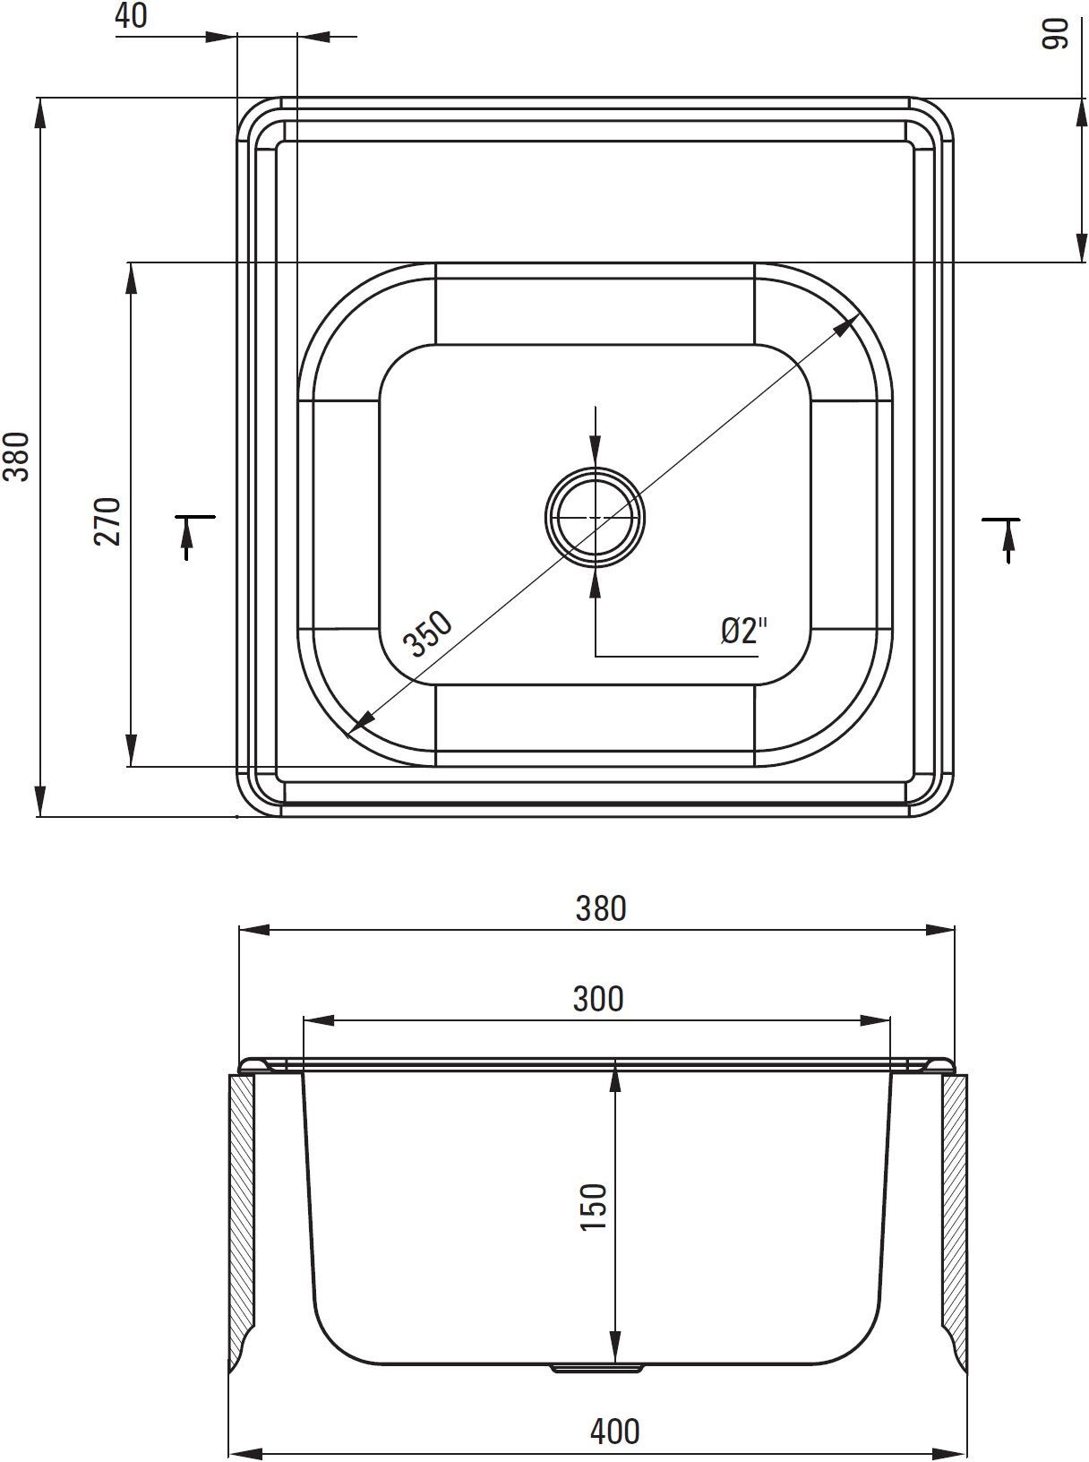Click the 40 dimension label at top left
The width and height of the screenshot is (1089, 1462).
pos(132,15)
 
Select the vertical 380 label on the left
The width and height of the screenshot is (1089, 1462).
pos(19,456)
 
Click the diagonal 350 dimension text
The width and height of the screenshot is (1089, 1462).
pos(427,634)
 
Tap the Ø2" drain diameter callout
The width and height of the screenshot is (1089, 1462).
pos(744,631)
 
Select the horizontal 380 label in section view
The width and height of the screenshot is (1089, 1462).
pos(600,908)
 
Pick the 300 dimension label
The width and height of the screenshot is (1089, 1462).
pos(598,999)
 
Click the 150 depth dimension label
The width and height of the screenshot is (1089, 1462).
pos(594,1206)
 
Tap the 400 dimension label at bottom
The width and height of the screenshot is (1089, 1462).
pos(614,1431)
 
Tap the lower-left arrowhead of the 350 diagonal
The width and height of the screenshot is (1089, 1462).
pos(360,721)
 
